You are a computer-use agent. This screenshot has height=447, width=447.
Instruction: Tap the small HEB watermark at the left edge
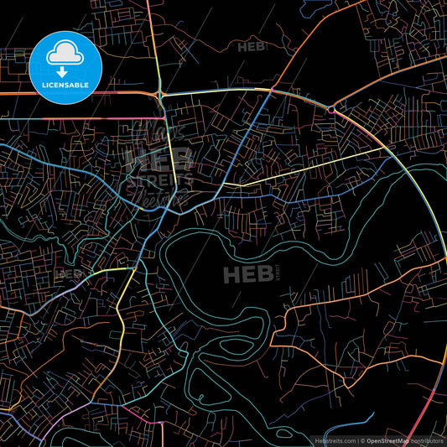click(67, 273)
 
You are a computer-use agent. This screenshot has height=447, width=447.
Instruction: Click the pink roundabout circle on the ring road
click(331, 109)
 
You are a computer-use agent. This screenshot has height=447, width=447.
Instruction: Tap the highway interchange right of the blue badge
click(160, 94)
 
